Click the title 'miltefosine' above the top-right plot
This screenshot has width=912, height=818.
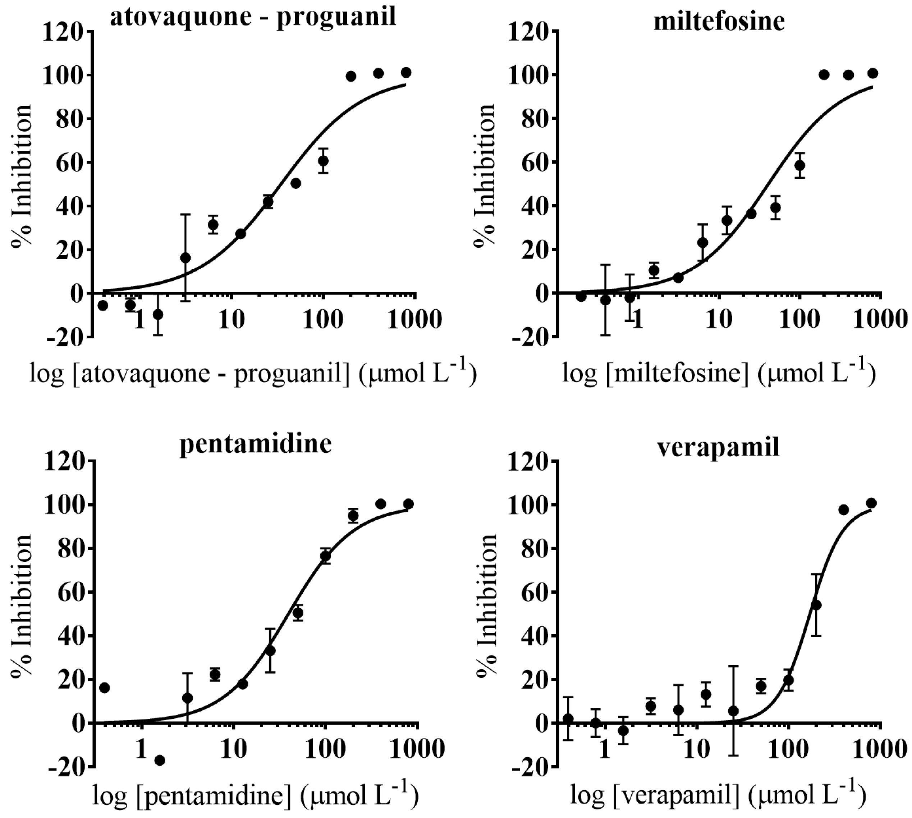coord(719,22)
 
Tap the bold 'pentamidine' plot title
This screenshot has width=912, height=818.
coord(255,444)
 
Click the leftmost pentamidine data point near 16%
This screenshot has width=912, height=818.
coord(104,687)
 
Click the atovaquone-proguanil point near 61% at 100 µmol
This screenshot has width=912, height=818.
coord(323,160)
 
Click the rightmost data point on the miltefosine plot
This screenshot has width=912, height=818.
coord(872,73)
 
